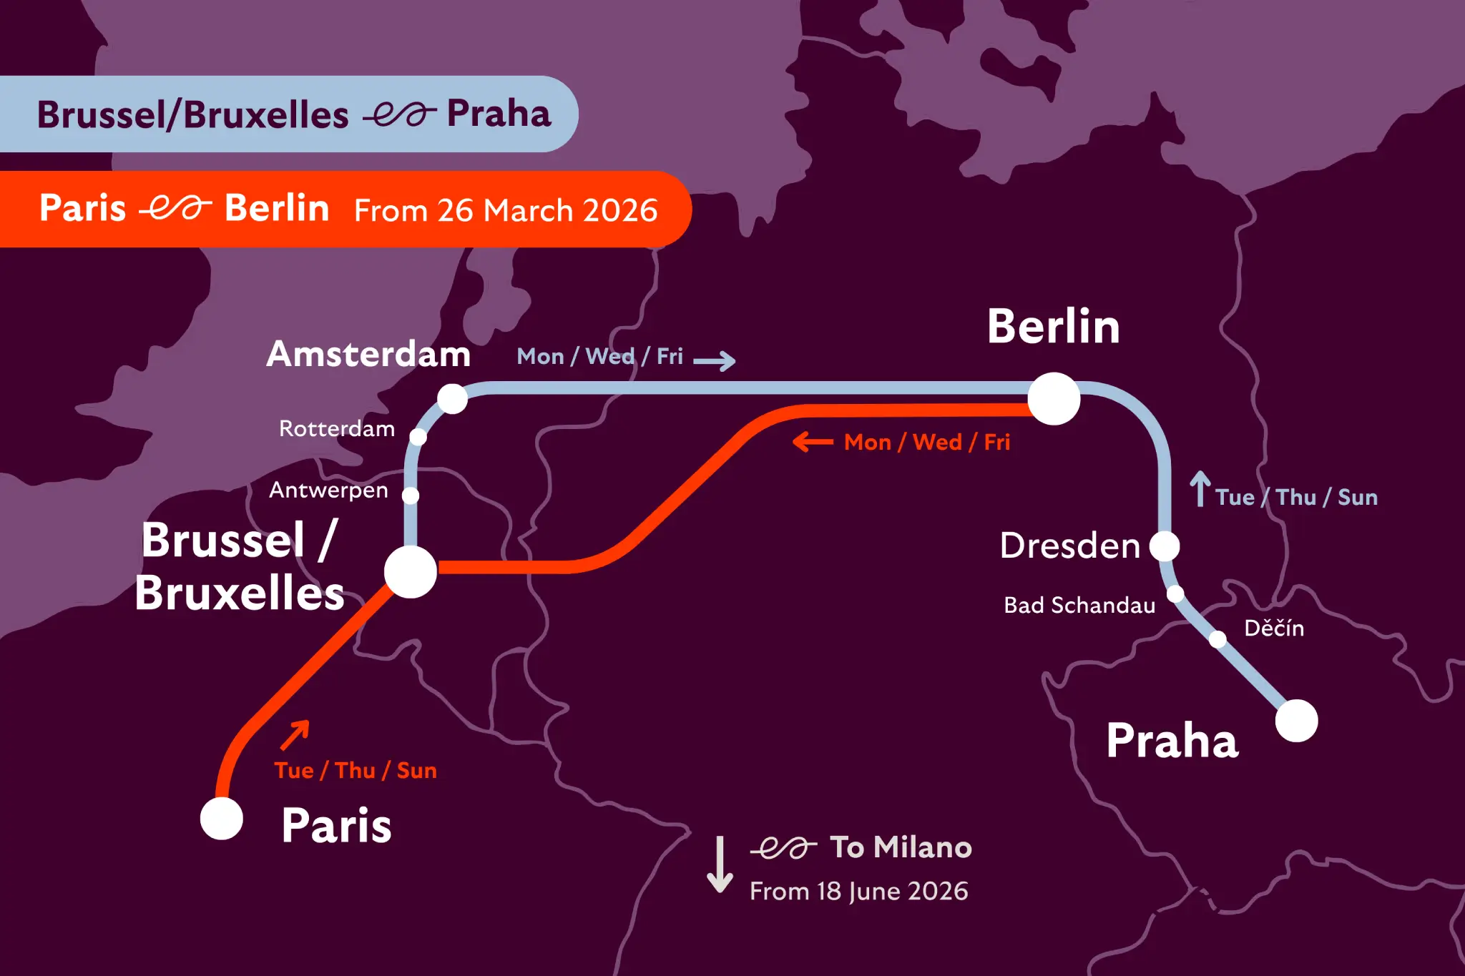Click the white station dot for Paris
tap(222, 819)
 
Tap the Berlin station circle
tap(1054, 398)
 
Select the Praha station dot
tap(1296, 721)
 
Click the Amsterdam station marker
tap(452, 398)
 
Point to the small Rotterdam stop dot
tap(418, 436)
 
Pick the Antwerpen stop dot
tap(411, 495)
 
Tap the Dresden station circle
tap(1165, 546)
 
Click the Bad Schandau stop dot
tap(1175, 593)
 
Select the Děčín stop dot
tap(1217, 639)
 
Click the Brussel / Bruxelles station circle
tap(411, 572)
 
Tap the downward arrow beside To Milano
tap(720, 864)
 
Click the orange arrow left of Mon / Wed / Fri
tap(813, 442)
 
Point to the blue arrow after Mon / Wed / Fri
tap(715, 360)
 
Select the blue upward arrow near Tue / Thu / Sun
tap(1200, 489)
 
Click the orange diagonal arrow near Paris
tap(295, 734)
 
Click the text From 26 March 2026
tap(506, 211)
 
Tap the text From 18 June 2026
tap(858, 892)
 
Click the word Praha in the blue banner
tap(499, 114)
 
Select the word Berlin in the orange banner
tap(277, 208)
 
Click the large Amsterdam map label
tap(368, 354)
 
